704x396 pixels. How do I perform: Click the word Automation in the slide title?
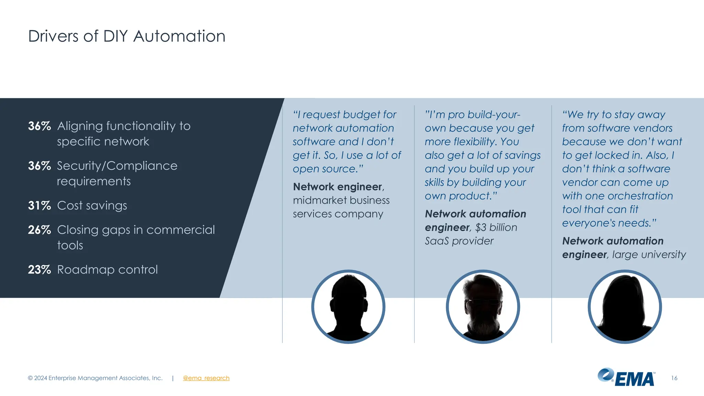[x=179, y=36]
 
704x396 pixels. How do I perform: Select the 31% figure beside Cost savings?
[x=39, y=206]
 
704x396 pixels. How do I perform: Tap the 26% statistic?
[x=39, y=230]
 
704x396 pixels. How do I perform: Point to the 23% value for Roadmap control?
[x=39, y=269]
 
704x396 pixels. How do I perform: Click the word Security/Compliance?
[x=117, y=166]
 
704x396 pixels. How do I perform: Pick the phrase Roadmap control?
[x=107, y=269]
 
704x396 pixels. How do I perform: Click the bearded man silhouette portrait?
[x=483, y=307]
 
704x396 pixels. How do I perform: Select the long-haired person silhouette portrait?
[x=625, y=307]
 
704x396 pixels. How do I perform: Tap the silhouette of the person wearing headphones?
[x=348, y=307]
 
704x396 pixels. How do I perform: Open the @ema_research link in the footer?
[x=206, y=378]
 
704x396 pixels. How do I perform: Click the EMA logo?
[x=626, y=377]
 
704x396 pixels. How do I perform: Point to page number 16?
[x=674, y=378]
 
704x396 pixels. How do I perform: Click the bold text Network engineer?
[x=338, y=187]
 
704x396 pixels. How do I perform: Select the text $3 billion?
[x=496, y=228]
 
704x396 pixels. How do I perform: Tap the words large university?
[x=649, y=255]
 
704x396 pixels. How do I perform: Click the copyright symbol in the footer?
[x=30, y=378]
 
